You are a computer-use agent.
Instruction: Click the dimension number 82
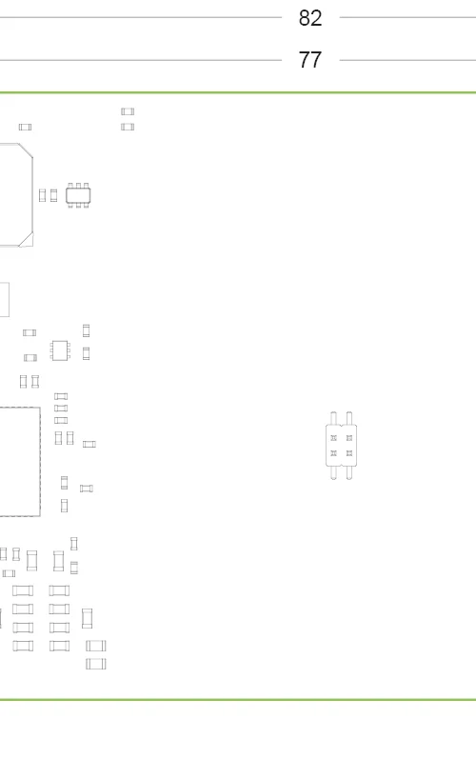[310, 18]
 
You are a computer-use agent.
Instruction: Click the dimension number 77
[310, 60]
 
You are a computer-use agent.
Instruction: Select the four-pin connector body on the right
[341, 446]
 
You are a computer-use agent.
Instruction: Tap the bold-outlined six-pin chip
[78, 195]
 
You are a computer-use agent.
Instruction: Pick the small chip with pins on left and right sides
[60, 350]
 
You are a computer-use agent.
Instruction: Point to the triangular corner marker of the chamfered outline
[27, 240]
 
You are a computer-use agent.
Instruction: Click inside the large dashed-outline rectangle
[19, 462]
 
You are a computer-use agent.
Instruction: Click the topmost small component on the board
[128, 111]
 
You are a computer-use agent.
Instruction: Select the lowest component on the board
[96, 664]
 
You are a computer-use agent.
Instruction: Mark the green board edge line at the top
[238, 92]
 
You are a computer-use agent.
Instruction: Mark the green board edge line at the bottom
[238, 699]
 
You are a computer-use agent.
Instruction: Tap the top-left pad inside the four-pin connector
[333, 438]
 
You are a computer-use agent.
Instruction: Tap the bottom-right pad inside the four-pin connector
[349, 453]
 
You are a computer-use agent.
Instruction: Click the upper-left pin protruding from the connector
[333, 418]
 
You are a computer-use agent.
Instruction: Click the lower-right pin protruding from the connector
[349, 472]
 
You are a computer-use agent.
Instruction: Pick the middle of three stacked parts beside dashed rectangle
[61, 408]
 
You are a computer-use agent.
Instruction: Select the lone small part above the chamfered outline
[25, 127]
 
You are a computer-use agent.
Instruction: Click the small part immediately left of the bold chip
[53, 195]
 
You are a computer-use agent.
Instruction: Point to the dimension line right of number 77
[407, 60]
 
